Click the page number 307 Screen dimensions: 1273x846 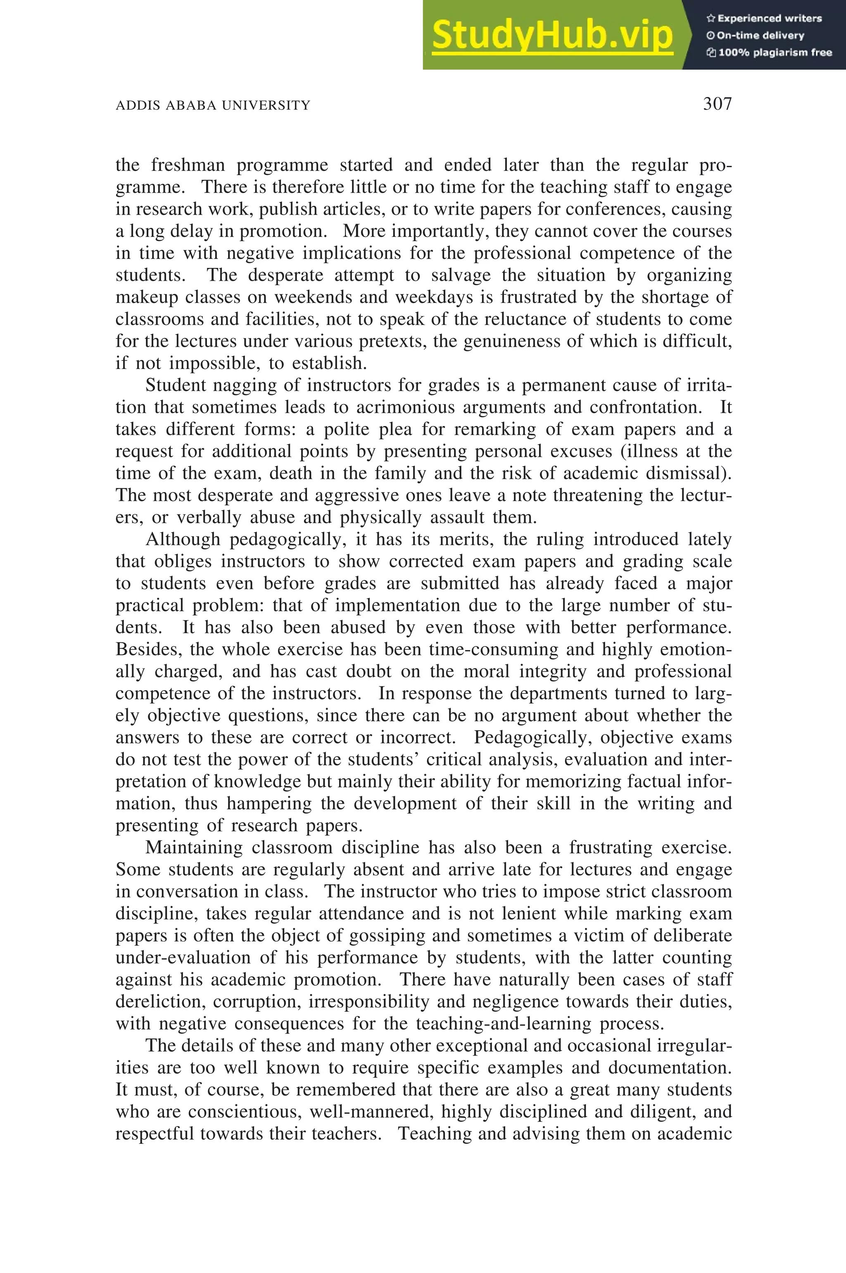(x=717, y=104)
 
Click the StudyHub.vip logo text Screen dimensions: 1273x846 (x=552, y=35)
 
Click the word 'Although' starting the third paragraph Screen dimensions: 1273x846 (x=183, y=539)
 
